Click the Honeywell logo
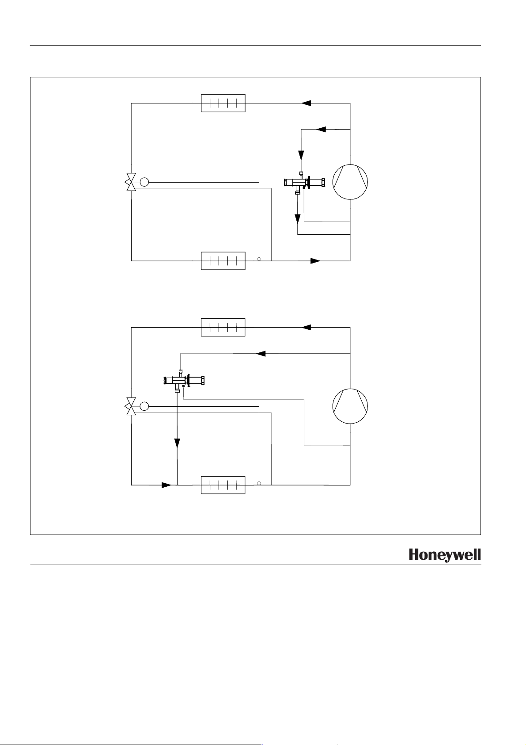pyautogui.click(x=444, y=555)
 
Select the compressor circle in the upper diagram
pyautogui.click(x=350, y=182)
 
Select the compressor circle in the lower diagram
pyautogui.click(x=350, y=406)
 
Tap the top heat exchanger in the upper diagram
pyautogui.click(x=223, y=103)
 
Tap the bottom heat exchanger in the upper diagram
pyautogui.click(x=223, y=261)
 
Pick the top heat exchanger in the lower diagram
pyautogui.click(x=223, y=327)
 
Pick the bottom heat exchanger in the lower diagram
pyautogui.click(x=223, y=485)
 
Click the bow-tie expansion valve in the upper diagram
pyautogui.click(x=131, y=182)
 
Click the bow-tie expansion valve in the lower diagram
pyautogui.click(x=131, y=406)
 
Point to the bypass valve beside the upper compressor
pyautogui.click(x=305, y=182)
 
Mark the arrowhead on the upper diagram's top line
pyautogui.click(x=307, y=103)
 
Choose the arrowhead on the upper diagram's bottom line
pyautogui.click(x=315, y=261)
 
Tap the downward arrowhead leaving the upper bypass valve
pyautogui.click(x=298, y=218)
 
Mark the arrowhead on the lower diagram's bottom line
pyautogui.click(x=166, y=485)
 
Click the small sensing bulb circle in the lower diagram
pyautogui.click(x=259, y=483)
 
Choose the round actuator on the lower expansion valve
pyautogui.click(x=144, y=406)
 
